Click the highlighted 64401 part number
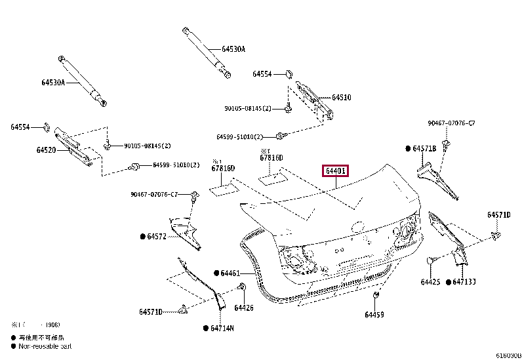pyautogui.click(x=335, y=172)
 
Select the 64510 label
pyautogui.click(x=341, y=97)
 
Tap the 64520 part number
pyautogui.click(x=47, y=150)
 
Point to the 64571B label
pyautogui.click(x=424, y=149)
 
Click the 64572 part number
pyautogui.click(x=157, y=236)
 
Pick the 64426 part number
pyautogui.click(x=243, y=308)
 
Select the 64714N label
pyautogui.click(x=222, y=328)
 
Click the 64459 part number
pyautogui.click(x=374, y=315)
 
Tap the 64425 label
pyautogui.click(x=430, y=282)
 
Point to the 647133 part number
pyautogui.click(x=464, y=282)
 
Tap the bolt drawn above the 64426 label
pyautogui.click(x=243, y=288)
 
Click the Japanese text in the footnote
pyautogui.click(x=39, y=337)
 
